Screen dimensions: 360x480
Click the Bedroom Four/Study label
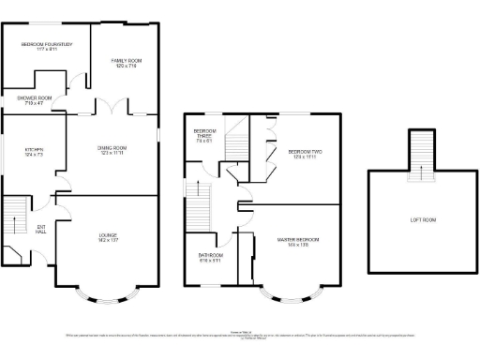(47, 45)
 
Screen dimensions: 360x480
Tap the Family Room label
(127, 63)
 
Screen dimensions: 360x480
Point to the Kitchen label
(35, 152)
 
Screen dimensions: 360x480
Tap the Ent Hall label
(41, 229)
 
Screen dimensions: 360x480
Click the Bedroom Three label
(204, 136)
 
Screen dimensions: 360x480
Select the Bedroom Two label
(305, 154)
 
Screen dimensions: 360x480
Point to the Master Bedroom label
(299, 242)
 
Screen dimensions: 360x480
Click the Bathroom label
(210, 256)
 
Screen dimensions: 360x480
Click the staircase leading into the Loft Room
(423, 152)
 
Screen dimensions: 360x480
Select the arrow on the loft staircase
(423, 169)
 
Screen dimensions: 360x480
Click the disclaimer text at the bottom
(240, 335)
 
